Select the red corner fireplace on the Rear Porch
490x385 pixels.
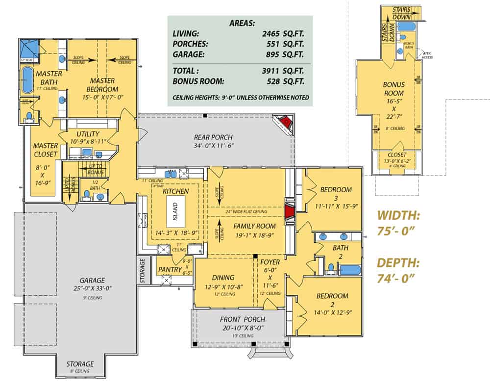[x=284, y=122]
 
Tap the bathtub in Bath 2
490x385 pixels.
[x=350, y=269]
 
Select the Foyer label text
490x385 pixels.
[x=270, y=262]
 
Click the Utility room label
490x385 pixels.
[x=88, y=134]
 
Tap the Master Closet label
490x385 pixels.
[x=45, y=150]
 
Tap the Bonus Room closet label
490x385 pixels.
[x=397, y=154]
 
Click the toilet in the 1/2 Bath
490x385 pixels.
[x=86, y=195]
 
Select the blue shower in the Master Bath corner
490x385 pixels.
[x=29, y=49]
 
